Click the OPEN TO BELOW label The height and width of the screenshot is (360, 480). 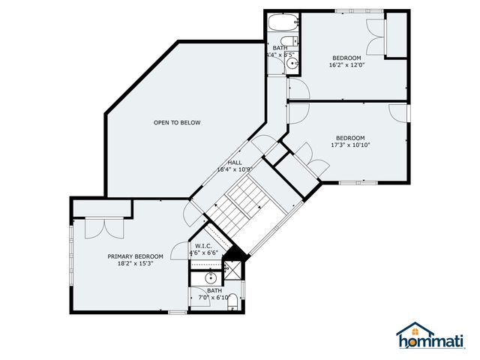[177, 123]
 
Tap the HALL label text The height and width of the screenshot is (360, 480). [235, 162]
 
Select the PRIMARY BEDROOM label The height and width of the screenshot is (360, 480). [135, 256]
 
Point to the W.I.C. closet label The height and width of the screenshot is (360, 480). [203, 246]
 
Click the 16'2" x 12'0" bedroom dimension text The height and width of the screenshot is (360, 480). [346, 65]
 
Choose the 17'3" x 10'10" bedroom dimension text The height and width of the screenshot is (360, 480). [350, 145]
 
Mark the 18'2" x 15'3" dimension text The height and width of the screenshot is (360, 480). [135, 264]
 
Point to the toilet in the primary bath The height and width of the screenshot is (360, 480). [232, 302]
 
